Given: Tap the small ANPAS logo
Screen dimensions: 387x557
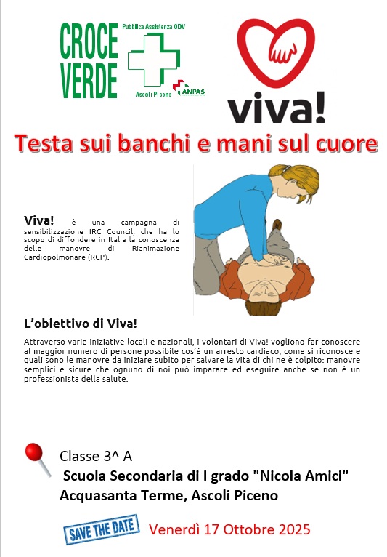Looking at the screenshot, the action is (189, 88).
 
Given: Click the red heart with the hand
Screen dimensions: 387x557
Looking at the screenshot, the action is (276, 52).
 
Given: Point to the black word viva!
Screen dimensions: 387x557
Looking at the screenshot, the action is (277, 107).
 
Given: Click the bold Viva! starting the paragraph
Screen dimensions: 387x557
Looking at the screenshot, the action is (38, 220).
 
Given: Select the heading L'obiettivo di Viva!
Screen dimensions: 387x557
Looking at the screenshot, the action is (81, 324).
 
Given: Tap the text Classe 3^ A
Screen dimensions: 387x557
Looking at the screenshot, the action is (96, 456).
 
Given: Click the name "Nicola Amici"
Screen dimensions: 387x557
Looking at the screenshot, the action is (301, 476).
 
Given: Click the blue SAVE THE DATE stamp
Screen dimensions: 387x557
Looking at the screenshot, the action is (102, 529).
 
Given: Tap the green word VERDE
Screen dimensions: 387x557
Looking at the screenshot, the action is (89, 80).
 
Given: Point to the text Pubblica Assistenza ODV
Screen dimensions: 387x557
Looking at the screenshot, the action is (154, 27).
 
